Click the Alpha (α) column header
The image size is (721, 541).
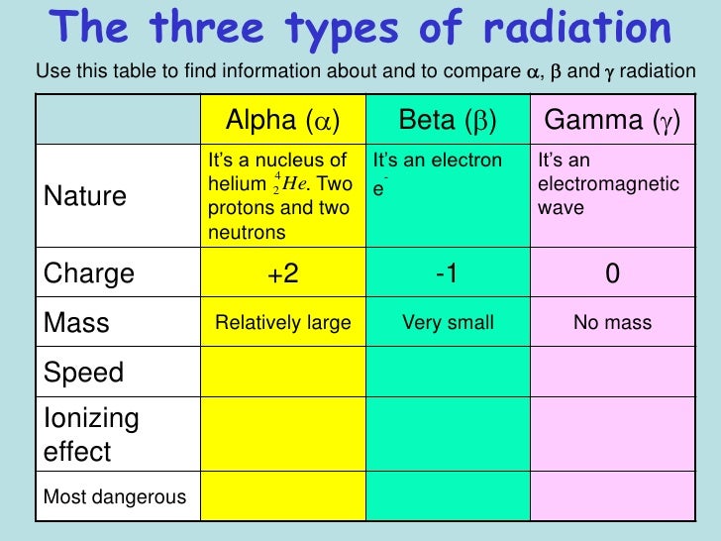coord(283,121)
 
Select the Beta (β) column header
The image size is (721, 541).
coord(448,121)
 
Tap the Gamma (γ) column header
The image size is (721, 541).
coord(612,121)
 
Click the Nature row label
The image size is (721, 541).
coord(85,196)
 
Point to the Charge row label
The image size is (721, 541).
coord(89,274)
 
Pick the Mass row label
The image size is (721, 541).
coord(76,322)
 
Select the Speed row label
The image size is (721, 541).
coord(83,373)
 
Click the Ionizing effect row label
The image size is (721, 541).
coord(91,435)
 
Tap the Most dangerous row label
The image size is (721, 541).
coord(115,496)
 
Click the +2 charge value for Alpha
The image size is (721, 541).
coord(283,273)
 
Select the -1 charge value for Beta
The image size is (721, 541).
coord(447,273)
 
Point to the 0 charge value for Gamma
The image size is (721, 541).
coord(612,273)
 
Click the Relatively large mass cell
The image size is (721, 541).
coord(283,322)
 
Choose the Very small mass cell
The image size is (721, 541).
coord(449,322)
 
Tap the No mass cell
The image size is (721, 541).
coord(612,322)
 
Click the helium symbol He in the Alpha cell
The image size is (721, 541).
coord(294,183)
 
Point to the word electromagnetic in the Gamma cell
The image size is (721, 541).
coord(608,184)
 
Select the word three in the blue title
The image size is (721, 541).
coord(206,27)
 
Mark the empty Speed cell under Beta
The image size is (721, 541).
coord(449,372)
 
